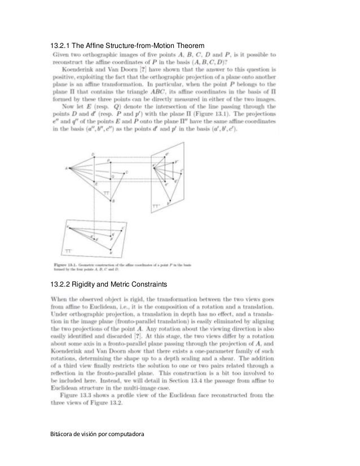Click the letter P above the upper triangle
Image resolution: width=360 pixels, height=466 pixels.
(x=109, y=161)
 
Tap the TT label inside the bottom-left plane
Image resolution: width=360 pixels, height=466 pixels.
(x=67, y=249)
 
